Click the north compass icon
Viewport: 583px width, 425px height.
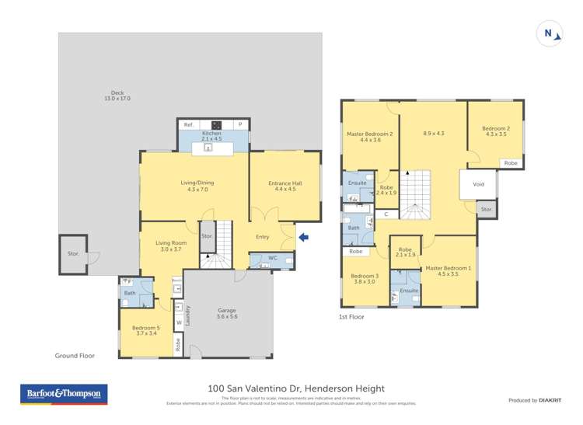click(x=549, y=33)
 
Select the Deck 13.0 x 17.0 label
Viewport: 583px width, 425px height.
click(x=118, y=96)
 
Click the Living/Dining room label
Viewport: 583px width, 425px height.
click(x=197, y=186)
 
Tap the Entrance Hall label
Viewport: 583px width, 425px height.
click(x=285, y=186)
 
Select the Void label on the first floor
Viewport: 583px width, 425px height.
click(x=479, y=184)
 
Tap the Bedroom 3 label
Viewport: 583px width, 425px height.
click(x=365, y=279)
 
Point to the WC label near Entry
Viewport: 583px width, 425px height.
click(x=272, y=258)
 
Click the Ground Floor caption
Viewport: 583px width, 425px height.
click(x=75, y=355)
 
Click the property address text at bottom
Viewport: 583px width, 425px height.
click(x=296, y=388)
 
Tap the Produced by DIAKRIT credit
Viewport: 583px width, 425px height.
click(x=533, y=400)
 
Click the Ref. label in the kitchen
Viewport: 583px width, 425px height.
click(x=188, y=124)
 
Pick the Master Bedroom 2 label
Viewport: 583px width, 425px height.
click(x=369, y=137)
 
